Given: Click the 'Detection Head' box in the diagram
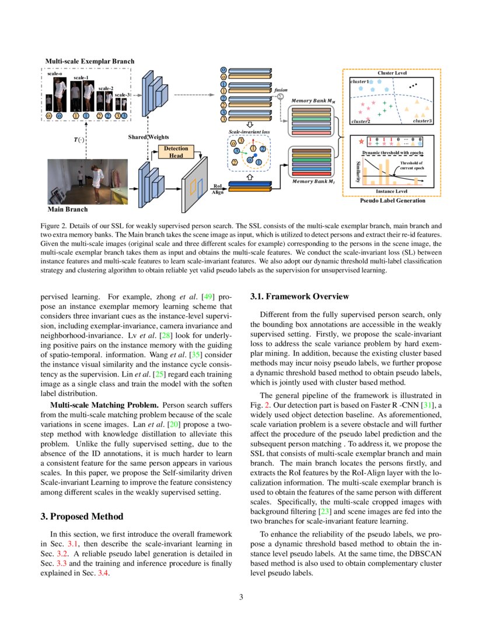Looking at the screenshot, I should [x=176, y=152].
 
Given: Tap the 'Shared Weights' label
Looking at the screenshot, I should [x=148, y=137].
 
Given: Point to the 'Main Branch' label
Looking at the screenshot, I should [x=67, y=209].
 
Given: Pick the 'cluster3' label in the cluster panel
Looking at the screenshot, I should [x=422, y=121].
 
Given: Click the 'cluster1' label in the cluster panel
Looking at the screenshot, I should [x=359, y=82].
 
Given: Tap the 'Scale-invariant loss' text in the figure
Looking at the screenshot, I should [x=249, y=132].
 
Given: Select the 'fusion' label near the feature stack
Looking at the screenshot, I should [x=281, y=90].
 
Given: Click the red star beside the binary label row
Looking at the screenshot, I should [x=362, y=140].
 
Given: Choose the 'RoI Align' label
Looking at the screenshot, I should [x=217, y=189].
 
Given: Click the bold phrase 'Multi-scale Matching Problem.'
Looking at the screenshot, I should [x=105, y=404].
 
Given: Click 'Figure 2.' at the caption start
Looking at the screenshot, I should [x=55, y=224].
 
